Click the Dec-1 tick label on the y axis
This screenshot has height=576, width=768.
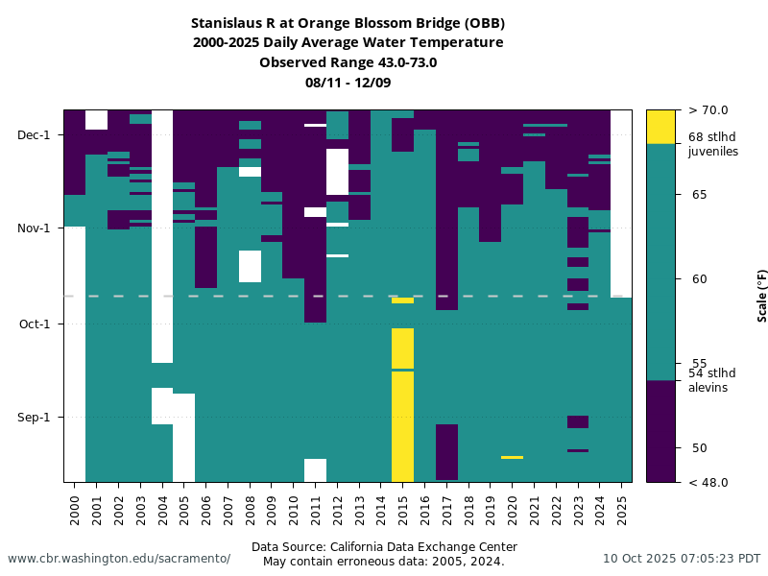pos(35,134)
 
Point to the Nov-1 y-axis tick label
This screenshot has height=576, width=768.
pos(35,228)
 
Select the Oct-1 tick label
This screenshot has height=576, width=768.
pos(35,324)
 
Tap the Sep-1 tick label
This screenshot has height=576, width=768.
pos(35,418)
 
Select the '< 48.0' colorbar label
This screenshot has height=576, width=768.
pos(708,482)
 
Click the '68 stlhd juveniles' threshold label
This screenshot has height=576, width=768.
pos(712,144)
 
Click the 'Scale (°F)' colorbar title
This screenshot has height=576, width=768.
pos(762,296)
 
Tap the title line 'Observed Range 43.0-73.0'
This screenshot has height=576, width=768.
pos(348,62)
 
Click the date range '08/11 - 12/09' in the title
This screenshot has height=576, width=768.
pos(348,83)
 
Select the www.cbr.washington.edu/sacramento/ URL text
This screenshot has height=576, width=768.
pos(119,559)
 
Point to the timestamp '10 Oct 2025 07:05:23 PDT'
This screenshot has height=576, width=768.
pos(682,559)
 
